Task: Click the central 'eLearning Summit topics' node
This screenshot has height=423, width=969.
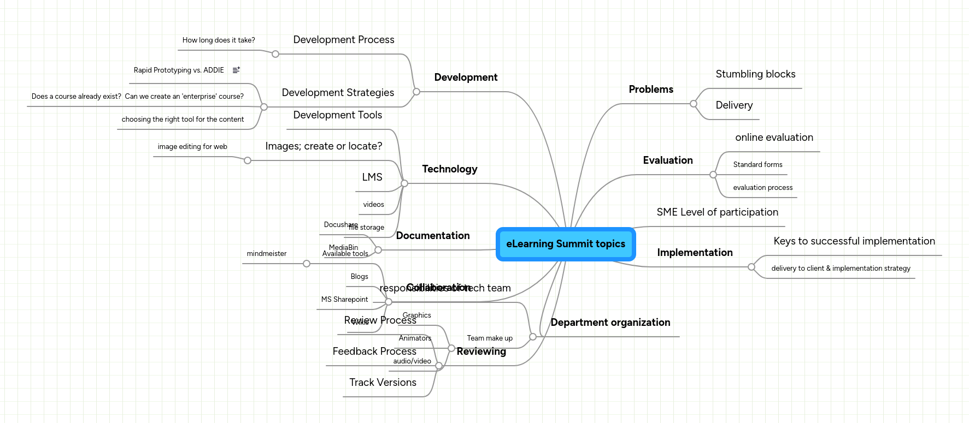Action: pos(566,244)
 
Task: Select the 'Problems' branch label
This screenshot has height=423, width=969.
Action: pos(650,90)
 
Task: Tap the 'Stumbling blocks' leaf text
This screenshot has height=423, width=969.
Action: pos(755,74)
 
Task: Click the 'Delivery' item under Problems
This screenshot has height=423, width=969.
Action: pos(734,105)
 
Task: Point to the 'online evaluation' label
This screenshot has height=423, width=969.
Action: pos(774,138)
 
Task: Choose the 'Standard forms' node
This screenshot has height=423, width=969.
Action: pos(757,165)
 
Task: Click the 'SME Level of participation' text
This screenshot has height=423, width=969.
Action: pos(717,212)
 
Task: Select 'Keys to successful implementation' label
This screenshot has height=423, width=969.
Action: pos(854,241)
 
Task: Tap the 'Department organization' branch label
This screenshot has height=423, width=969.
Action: pos(610,323)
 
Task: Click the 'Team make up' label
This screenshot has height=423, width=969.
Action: pos(490,338)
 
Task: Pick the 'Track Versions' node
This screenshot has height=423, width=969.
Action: pos(383,383)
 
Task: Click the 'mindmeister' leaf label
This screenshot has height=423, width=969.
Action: pos(266,254)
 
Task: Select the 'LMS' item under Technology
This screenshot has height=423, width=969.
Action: pos(372,177)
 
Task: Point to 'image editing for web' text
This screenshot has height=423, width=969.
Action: pos(192,147)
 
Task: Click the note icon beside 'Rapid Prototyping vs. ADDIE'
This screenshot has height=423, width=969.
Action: pos(236,70)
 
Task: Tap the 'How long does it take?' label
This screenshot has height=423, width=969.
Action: pos(219,40)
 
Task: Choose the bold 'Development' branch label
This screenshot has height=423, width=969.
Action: pos(466,78)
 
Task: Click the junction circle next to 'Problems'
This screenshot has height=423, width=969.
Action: pos(694,104)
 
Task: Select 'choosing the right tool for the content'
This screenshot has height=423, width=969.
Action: pos(183,120)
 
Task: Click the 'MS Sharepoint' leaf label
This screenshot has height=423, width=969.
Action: pos(344,300)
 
